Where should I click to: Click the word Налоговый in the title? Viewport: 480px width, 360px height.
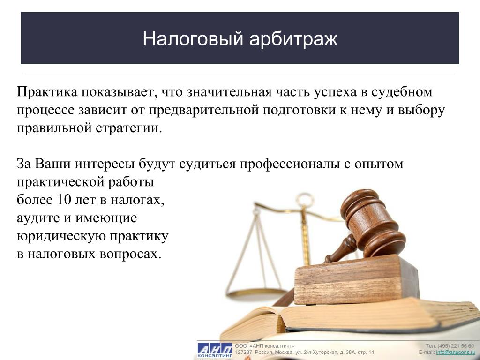pyautogui.click(x=193, y=38)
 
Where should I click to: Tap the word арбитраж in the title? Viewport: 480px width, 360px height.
pyautogui.click(x=293, y=39)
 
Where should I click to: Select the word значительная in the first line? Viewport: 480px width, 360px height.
pyautogui.click(x=229, y=92)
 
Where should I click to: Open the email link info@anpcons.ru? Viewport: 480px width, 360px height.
pyautogui.click(x=456, y=352)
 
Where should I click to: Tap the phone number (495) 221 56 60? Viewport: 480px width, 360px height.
pyautogui.click(x=456, y=346)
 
